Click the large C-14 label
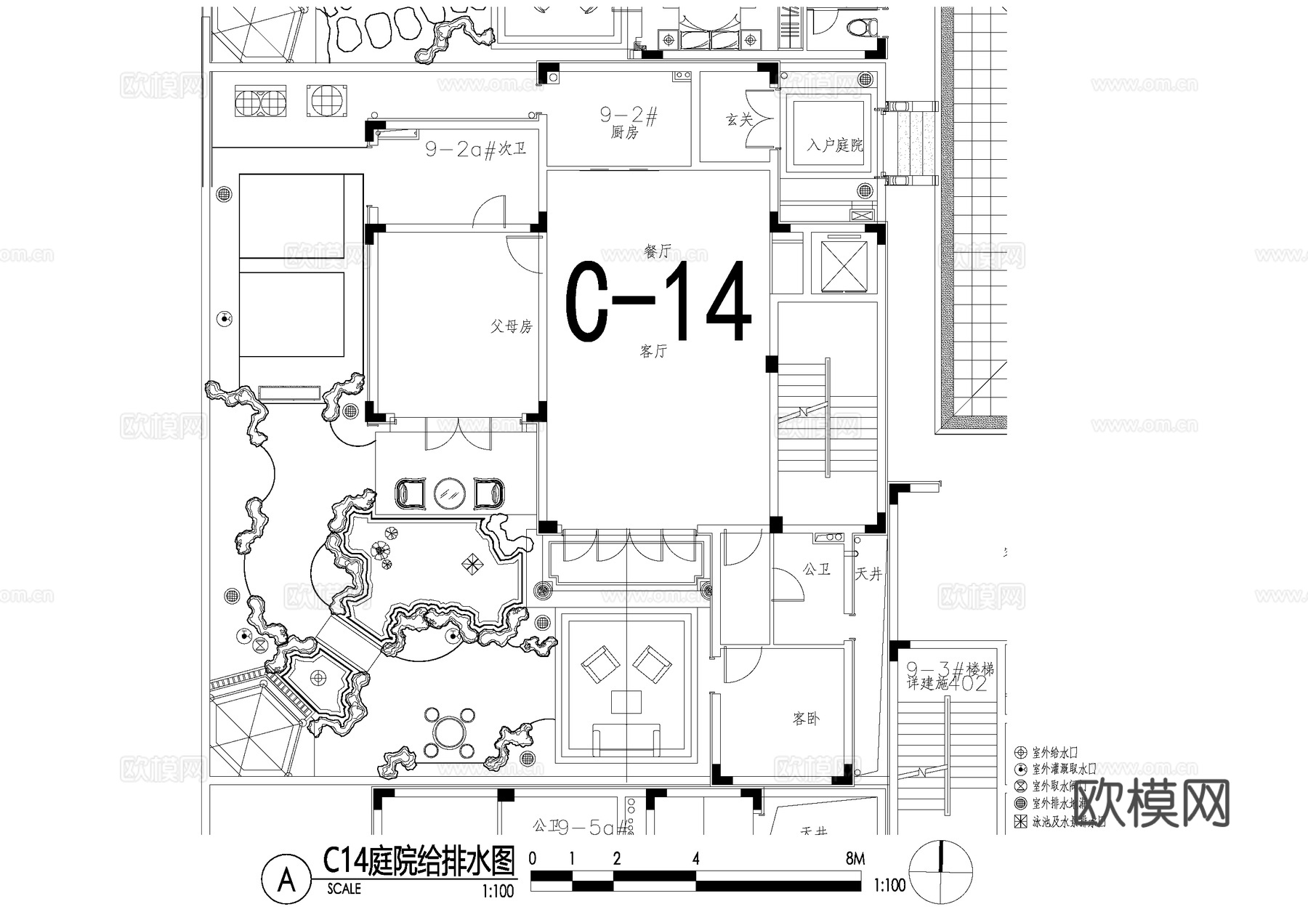click(x=658, y=302)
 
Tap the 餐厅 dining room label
click(x=657, y=251)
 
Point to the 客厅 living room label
click(x=653, y=352)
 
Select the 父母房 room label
click(x=512, y=326)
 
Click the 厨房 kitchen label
click(x=624, y=133)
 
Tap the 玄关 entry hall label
click(x=739, y=120)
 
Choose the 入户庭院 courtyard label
click(x=834, y=145)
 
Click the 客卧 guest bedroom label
click(x=806, y=719)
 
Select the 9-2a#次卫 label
click(x=476, y=149)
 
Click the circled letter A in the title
click(x=287, y=880)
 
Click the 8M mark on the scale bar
click(x=855, y=859)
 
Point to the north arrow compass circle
click(x=941, y=870)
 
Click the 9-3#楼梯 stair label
click(x=950, y=669)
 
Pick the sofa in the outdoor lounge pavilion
click(x=626, y=738)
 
